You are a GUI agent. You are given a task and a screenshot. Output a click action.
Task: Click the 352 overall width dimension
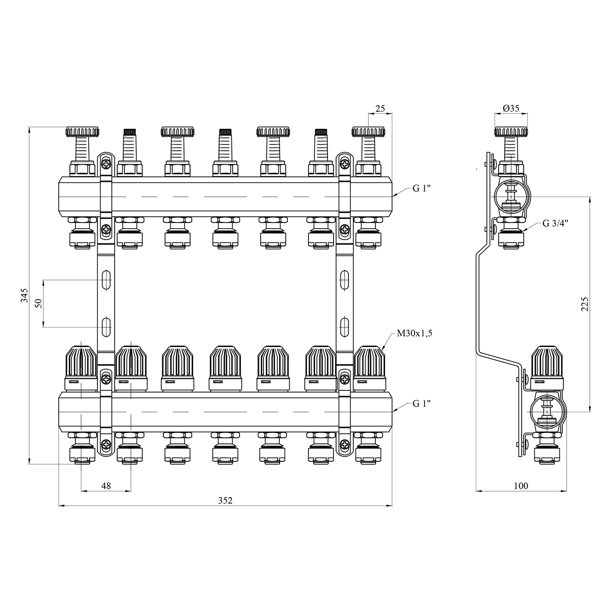[225, 500]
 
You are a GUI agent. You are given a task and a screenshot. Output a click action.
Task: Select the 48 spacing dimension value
[106, 486]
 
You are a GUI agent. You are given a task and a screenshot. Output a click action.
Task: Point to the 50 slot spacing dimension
[39, 303]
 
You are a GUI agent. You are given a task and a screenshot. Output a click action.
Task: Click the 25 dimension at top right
[380, 109]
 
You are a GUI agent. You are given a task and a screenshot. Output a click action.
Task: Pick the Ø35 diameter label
[511, 108]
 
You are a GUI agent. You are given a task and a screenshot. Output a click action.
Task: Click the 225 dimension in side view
[584, 304]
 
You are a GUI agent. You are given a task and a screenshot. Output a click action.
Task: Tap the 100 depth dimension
[521, 486]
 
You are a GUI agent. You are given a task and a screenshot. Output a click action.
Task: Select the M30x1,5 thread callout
[414, 334]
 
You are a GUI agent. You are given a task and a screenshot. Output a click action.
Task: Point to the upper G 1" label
[422, 189]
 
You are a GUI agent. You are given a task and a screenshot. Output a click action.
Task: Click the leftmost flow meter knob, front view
[83, 132]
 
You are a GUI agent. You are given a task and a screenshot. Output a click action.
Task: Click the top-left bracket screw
[106, 164]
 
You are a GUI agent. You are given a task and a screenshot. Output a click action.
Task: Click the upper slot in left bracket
[106, 280]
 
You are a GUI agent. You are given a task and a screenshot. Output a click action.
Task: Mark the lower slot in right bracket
[344, 327]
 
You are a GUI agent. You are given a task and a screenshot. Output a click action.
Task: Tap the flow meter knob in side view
[511, 132]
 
